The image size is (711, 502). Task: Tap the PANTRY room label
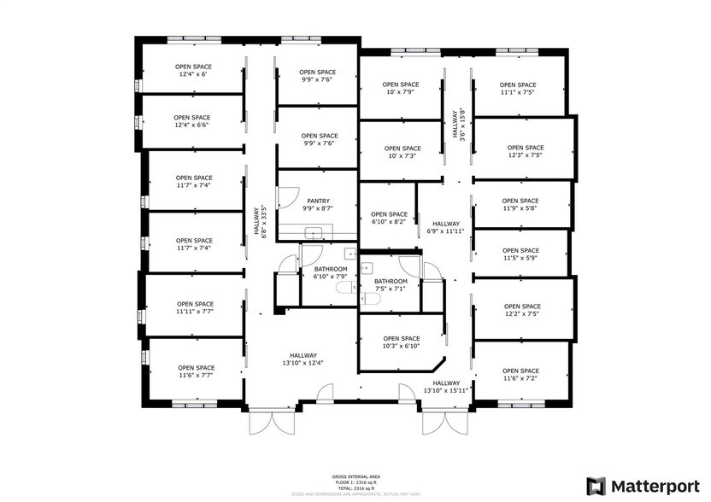coord(318,201)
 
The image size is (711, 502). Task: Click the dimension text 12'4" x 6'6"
coord(193,125)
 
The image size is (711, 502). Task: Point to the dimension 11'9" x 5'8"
coord(520,208)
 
